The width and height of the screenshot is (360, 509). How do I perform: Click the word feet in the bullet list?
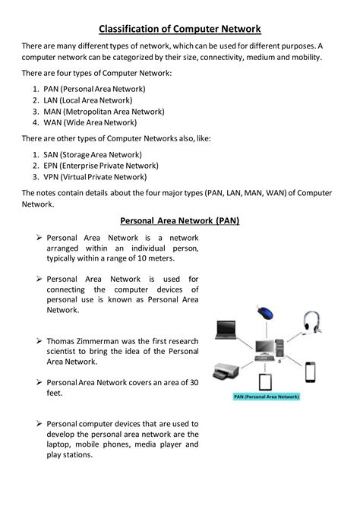[55, 394]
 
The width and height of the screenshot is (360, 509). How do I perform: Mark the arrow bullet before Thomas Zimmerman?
[38, 341]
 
